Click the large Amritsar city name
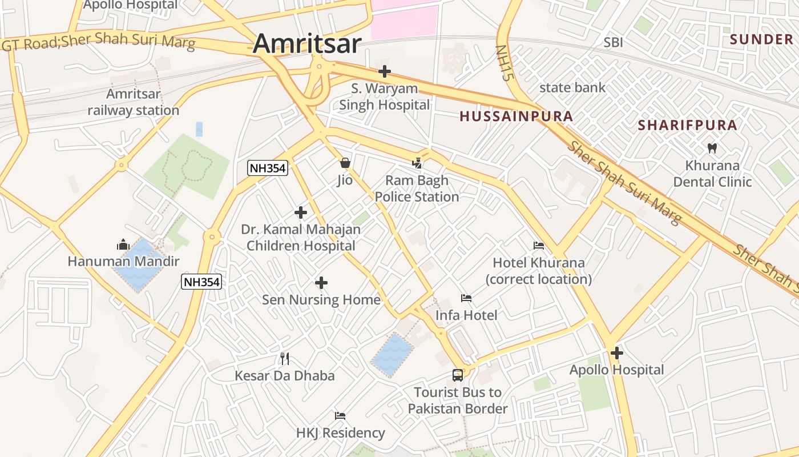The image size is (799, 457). point(307,43)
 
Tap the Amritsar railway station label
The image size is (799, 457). point(134,102)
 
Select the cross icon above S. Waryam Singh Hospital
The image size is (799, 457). point(385,71)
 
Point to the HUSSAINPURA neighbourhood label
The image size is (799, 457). point(516,117)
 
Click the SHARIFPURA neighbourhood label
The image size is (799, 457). point(687,125)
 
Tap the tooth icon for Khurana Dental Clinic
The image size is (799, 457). point(712,148)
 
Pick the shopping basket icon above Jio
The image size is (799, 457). point(345,163)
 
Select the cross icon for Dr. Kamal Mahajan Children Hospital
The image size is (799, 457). point(301,213)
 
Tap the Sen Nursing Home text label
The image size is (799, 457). point(321,300)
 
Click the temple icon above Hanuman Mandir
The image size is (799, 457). point(123,245)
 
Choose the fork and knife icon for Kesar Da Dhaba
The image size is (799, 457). point(285,359)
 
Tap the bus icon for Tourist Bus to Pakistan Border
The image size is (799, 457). point(458,375)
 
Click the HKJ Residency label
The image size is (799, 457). point(340,433)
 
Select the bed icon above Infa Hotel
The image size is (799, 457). point(466,298)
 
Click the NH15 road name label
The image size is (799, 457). point(502,63)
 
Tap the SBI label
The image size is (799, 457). point(614,42)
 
